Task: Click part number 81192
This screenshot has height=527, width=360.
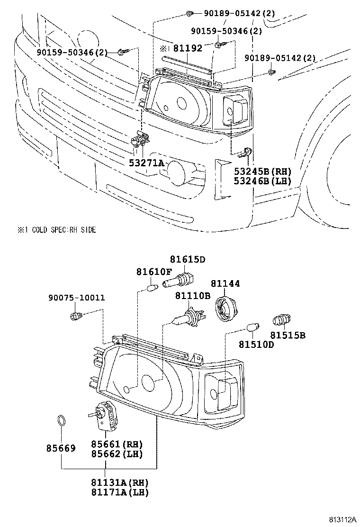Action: click(188, 48)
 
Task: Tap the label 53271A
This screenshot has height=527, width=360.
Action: click(147, 164)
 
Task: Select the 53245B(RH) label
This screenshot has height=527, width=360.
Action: click(262, 172)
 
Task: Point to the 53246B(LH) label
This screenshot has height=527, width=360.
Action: click(262, 181)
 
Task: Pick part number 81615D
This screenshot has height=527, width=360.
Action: click(188, 259)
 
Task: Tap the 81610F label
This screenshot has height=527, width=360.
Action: click(154, 272)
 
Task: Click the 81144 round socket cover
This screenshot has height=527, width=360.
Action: click(225, 308)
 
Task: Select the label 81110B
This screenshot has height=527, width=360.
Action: click(192, 296)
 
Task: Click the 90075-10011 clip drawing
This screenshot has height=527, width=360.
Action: click(76, 316)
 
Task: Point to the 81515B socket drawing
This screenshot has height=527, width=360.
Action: click(281, 320)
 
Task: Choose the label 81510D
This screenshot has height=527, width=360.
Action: click(256, 345)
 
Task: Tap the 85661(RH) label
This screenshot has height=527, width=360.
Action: click(117, 445)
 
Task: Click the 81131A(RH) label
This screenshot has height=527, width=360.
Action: click(119, 482)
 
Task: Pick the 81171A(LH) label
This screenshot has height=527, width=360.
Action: click(119, 492)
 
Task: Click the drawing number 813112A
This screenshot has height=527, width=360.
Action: click(342, 519)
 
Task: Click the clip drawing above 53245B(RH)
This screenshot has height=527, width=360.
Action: click(245, 153)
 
